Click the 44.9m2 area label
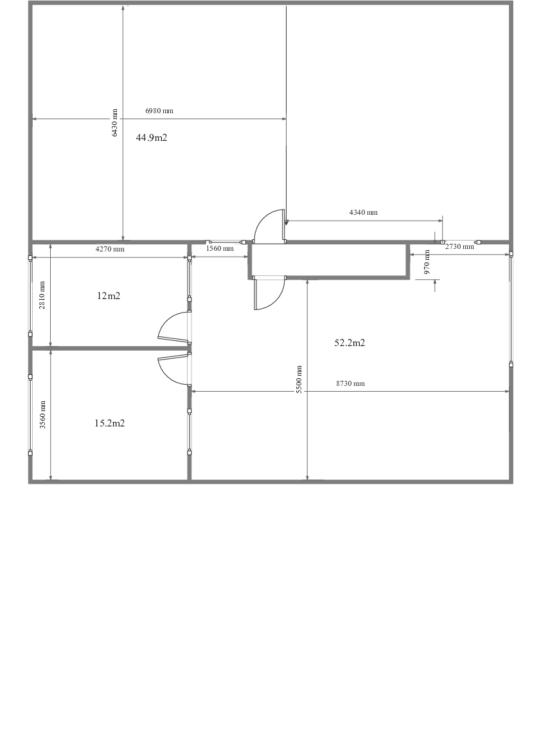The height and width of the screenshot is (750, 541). click(152, 138)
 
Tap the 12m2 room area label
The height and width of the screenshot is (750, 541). click(109, 296)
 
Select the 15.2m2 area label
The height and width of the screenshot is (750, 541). click(109, 423)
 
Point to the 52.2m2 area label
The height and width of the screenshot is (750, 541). click(350, 343)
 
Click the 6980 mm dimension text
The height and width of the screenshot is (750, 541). click(159, 111)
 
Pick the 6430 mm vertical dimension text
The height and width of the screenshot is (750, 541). click(115, 122)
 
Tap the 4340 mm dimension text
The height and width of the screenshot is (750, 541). click(363, 212)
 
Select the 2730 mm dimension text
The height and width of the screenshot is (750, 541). click(459, 246)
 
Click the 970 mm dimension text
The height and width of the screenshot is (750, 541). click(427, 266)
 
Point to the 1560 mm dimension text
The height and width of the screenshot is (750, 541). click(220, 248)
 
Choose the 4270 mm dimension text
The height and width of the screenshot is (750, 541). click(110, 249)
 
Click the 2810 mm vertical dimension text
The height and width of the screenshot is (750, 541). click(42, 295)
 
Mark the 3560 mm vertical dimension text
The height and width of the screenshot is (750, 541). click(42, 415)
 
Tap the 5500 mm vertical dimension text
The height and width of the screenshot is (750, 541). click(299, 380)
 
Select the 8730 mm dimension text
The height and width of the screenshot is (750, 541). click(350, 383)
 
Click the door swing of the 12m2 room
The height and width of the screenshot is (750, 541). click(172, 326)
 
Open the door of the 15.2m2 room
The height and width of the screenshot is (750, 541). click(172, 369)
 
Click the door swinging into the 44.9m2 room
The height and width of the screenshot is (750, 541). click(269, 225)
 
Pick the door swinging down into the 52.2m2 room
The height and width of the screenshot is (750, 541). click(269, 294)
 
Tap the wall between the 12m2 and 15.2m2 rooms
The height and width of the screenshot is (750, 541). click(109, 348)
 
